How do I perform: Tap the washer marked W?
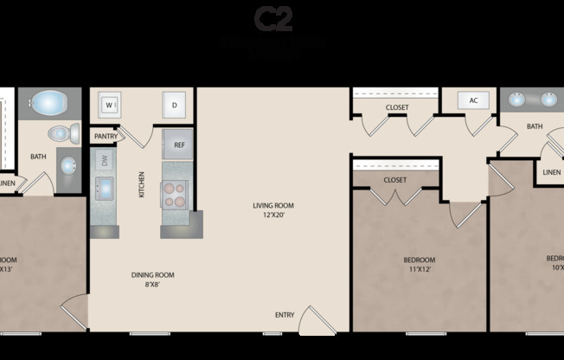pyautogui.click(x=111, y=105)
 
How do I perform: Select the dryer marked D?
pyautogui.click(x=174, y=105)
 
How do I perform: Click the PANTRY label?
pyautogui.click(x=106, y=136)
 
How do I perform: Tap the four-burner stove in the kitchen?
pyautogui.click(x=175, y=194)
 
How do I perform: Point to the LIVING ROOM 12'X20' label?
pyautogui.click(x=273, y=210)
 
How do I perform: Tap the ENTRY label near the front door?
pyautogui.click(x=284, y=315)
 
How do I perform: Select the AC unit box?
pyautogui.click(x=473, y=100)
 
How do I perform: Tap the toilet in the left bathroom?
pyautogui.click(x=61, y=133)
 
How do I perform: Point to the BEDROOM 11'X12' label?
pyautogui.click(x=420, y=264)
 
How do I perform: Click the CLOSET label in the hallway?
pyautogui.click(x=397, y=107)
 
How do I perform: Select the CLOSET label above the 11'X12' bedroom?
pyautogui.click(x=395, y=180)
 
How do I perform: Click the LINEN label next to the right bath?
pyautogui.click(x=551, y=172)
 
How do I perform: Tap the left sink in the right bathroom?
pyautogui.click(x=516, y=100)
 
